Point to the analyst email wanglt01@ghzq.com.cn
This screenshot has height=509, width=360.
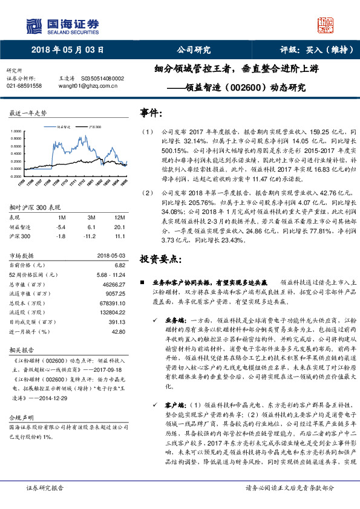(84, 86)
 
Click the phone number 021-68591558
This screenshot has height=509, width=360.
(24, 86)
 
